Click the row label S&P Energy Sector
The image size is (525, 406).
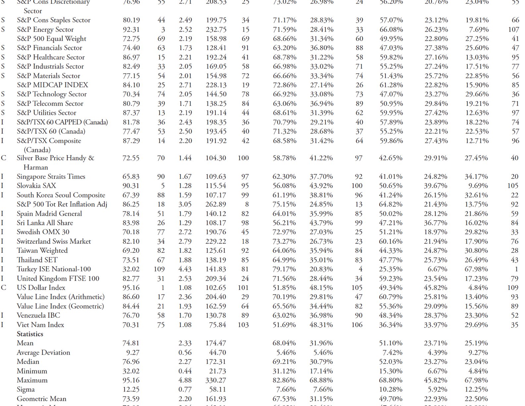(x=45, y=30)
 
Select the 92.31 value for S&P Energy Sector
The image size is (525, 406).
(x=131, y=30)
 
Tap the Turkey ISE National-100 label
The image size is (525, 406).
(x=53, y=269)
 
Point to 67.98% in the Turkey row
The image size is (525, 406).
(x=476, y=269)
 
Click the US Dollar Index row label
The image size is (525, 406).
(x=41, y=288)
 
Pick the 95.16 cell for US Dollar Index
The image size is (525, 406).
(x=131, y=288)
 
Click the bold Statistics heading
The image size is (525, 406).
(x=30, y=334)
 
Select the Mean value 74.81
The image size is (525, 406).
(x=131, y=343)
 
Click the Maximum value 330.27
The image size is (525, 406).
(x=216, y=380)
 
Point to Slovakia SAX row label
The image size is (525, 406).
(x=36, y=186)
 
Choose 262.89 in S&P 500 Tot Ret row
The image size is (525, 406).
(x=216, y=204)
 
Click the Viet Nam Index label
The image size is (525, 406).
(x=40, y=325)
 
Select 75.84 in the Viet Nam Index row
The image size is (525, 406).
(x=217, y=325)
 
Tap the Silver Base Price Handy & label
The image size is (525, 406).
(x=55, y=158)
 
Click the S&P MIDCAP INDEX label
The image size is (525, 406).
(x=52, y=85)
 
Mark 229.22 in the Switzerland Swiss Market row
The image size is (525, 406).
(x=216, y=241)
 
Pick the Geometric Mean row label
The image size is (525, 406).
(x=41, y=399)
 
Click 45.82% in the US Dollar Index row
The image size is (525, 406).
(x=436, y=288)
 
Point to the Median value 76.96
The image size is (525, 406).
(x=131, y=362)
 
